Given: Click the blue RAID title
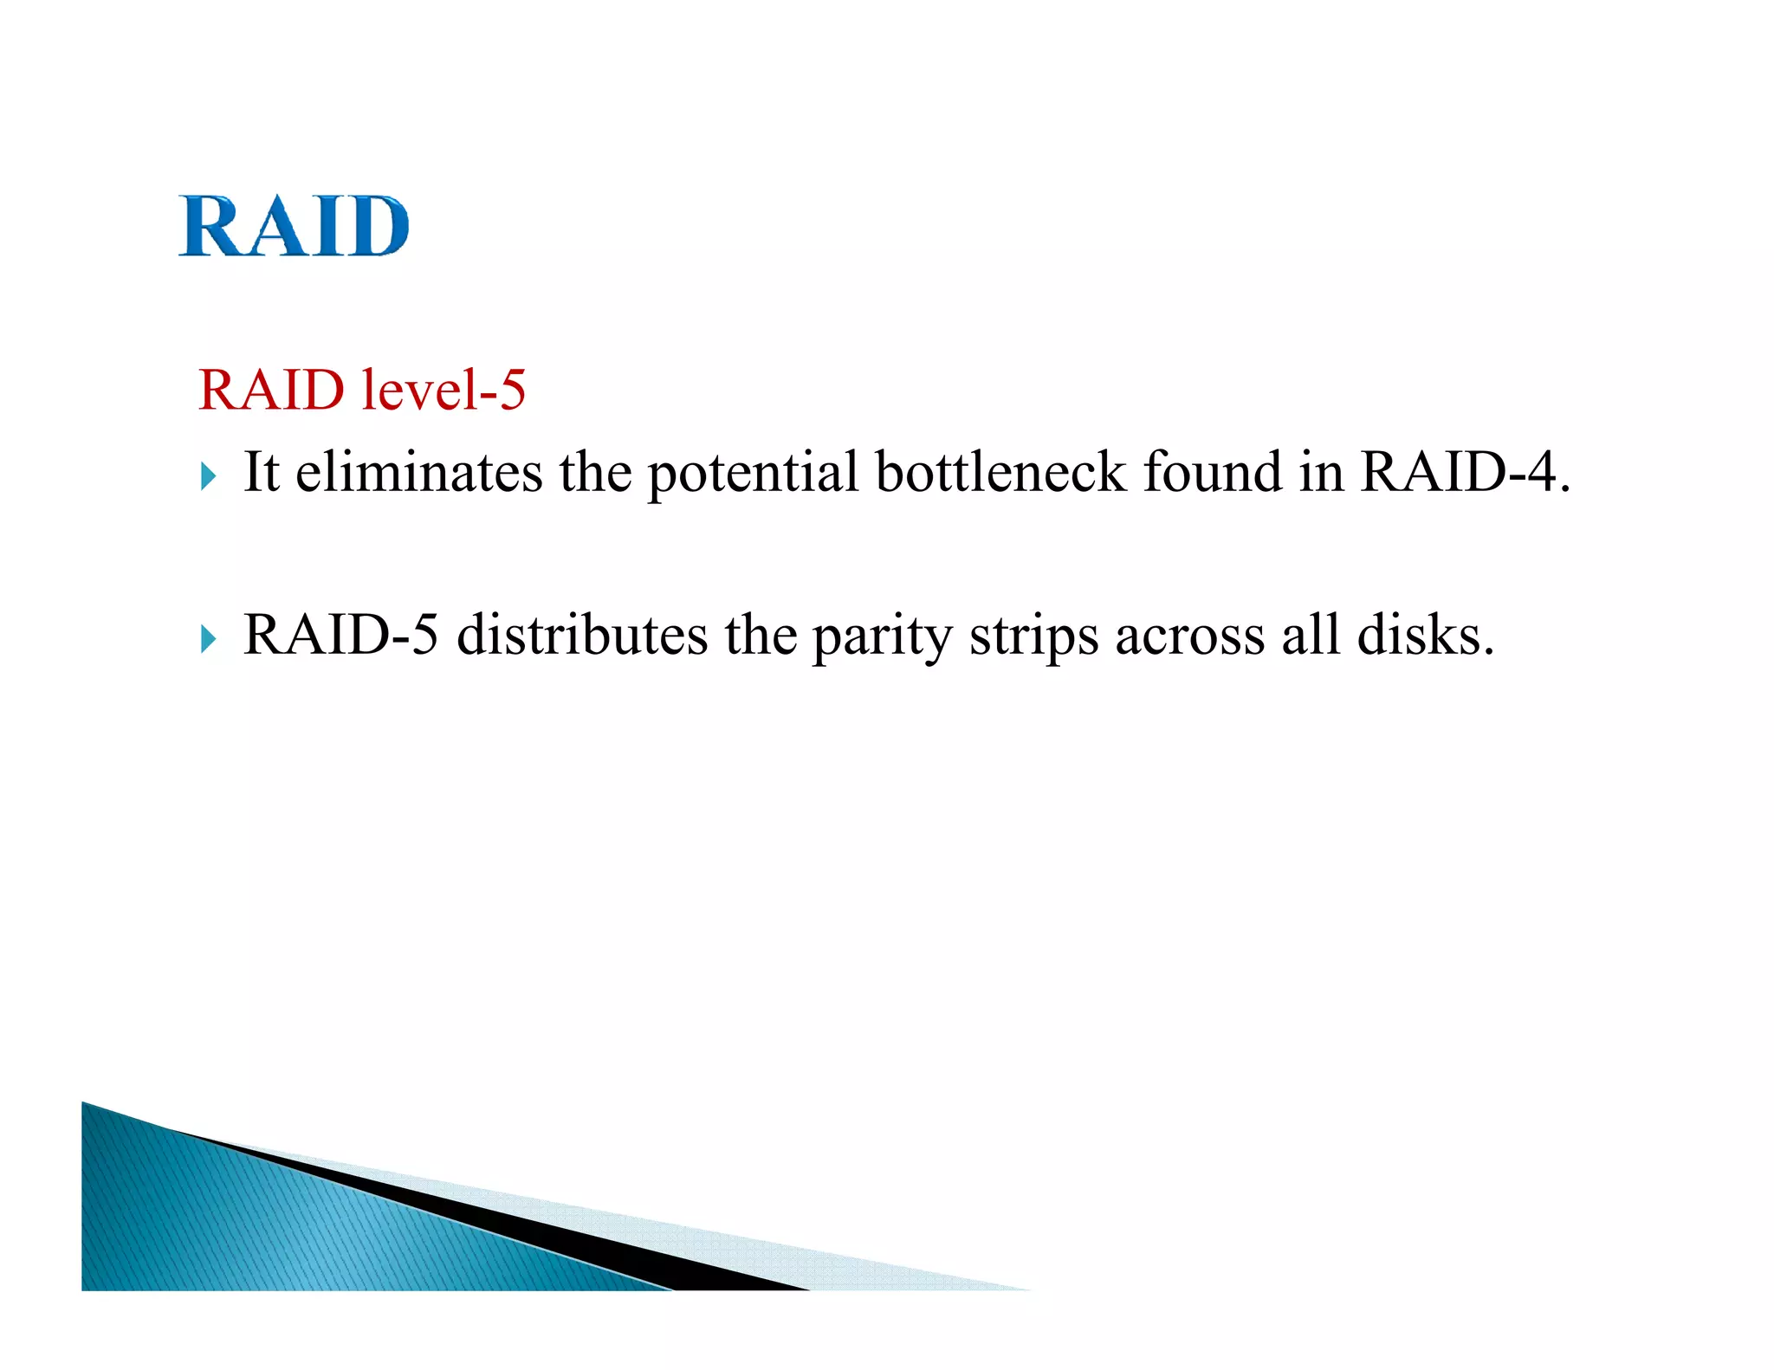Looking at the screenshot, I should coord(294,227).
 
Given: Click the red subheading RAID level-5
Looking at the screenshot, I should coord(362,390).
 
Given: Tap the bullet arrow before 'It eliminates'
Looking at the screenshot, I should coord(208,475).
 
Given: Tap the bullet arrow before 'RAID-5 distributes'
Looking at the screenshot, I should coord(208,638).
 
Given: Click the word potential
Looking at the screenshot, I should coord(753,474).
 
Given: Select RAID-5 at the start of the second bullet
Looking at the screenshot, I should coord(340,635).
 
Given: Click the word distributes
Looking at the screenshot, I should coord(582,635).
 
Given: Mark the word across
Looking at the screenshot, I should coord(1189,637).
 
